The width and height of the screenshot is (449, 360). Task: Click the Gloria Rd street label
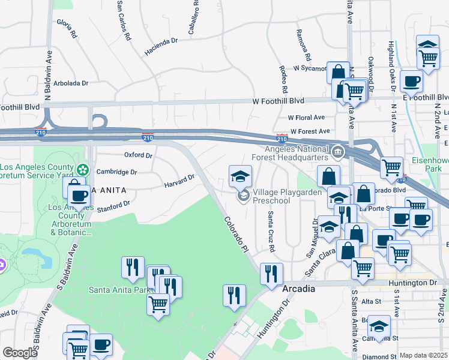67,28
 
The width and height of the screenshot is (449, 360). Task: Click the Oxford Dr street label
138,155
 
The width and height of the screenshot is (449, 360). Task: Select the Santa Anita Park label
118,290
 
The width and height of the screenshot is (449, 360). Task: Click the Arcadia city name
299,289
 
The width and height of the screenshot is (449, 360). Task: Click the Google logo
20,353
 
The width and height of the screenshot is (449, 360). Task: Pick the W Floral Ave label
306,118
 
